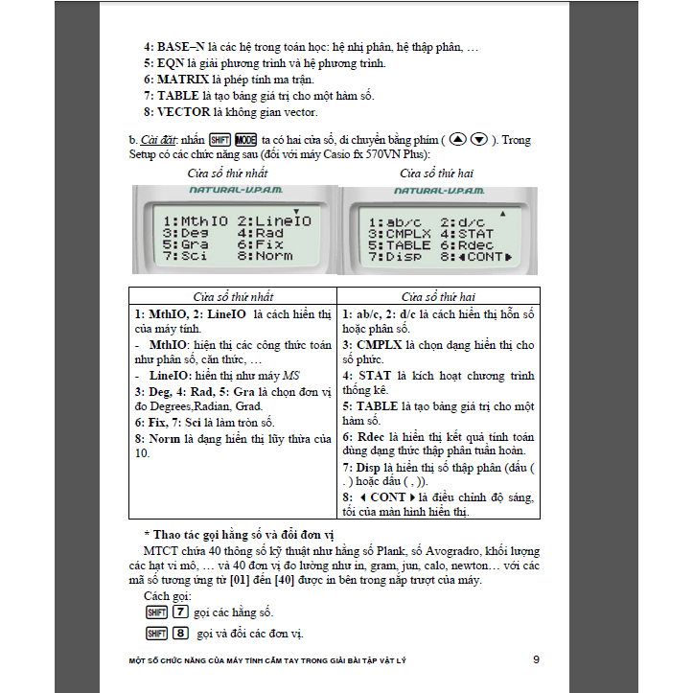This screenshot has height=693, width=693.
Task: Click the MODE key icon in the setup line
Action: point(245,140)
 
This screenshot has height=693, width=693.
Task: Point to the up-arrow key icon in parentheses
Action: point(458,140)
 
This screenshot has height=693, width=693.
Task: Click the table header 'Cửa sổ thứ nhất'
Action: point(232,296)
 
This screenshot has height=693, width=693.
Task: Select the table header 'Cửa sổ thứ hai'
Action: point(438,296)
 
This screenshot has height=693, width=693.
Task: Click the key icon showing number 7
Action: point(179,612)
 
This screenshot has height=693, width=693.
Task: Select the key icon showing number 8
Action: point(179,633)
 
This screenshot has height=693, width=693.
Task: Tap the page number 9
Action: point(536,659)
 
